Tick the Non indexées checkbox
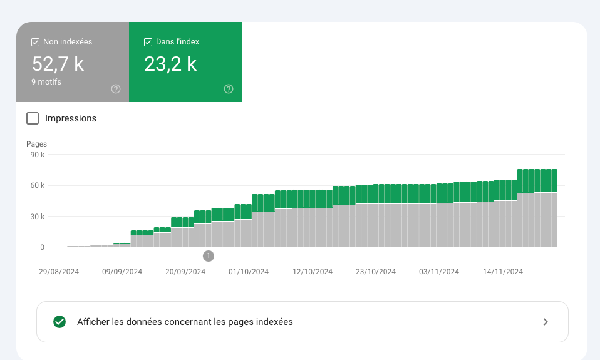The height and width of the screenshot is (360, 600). [x=36, y=42]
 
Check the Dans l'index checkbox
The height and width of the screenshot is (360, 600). [x=148, y=42]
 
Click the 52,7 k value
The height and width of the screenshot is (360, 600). [x=58, y=64]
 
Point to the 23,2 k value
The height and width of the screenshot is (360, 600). [x=170, y=64]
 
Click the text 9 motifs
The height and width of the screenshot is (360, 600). [x=46, y=81]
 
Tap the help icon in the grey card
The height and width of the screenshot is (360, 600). [x=116, y=89]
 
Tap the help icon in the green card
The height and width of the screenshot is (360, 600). [x=229, y=89]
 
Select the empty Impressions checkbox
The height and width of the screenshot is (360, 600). [x=33, y=118]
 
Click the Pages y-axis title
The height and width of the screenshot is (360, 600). [x=36, y=144]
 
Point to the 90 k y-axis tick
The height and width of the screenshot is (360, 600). [x=38, y=155]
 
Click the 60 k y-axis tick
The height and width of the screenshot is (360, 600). [x=38, y=185]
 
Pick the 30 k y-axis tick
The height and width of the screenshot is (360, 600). [x=38, y=217]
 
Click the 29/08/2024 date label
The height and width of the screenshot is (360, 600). [x=58, y=272]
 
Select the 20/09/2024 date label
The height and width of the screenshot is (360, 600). [x=185, y=272]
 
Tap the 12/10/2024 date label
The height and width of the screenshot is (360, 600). [x=313, y=272]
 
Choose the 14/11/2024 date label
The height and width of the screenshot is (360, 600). [x=503, y=272]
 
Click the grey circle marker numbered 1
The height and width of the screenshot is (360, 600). [x=209, y=255]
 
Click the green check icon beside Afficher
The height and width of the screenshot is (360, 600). [x=59, y=322]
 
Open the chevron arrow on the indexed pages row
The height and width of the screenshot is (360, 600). [x=546, y=322]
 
